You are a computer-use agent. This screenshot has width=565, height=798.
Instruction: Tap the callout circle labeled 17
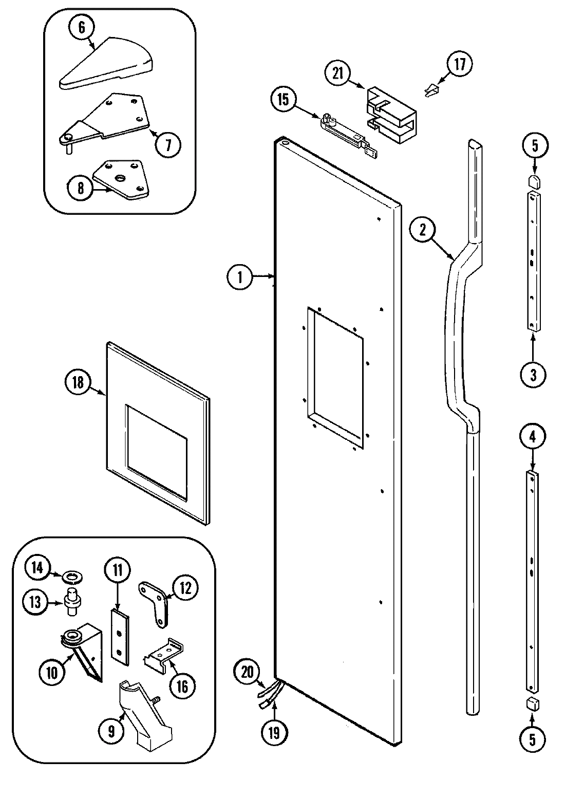click(x=459, y=65)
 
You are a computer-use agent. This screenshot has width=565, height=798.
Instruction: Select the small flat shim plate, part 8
click(x=120, y=180)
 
